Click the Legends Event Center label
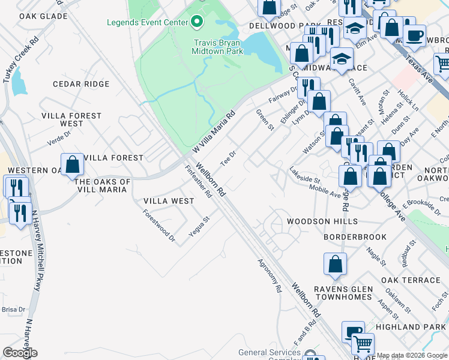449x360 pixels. tap(147, 23)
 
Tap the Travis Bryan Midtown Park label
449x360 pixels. tap(218, 47)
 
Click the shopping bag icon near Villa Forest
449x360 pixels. tap(72, 164)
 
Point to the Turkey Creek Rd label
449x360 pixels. tap(24, 60)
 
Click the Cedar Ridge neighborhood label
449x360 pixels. tap(81, 84)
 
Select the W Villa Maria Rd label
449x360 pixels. tap(213, 131)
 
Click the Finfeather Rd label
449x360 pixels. tap(199, 182)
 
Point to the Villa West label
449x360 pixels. tap(169, 201)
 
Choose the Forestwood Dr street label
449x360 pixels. tap(159, 226)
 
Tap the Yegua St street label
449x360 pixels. tap(199, 227)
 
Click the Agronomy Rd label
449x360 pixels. tap(270, 275)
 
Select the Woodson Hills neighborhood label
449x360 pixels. tap(317, 221)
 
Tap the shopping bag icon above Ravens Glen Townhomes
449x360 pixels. tap(335, 263)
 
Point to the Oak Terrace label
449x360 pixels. tap(411, 280)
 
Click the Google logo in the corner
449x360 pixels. tap(20, 353)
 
